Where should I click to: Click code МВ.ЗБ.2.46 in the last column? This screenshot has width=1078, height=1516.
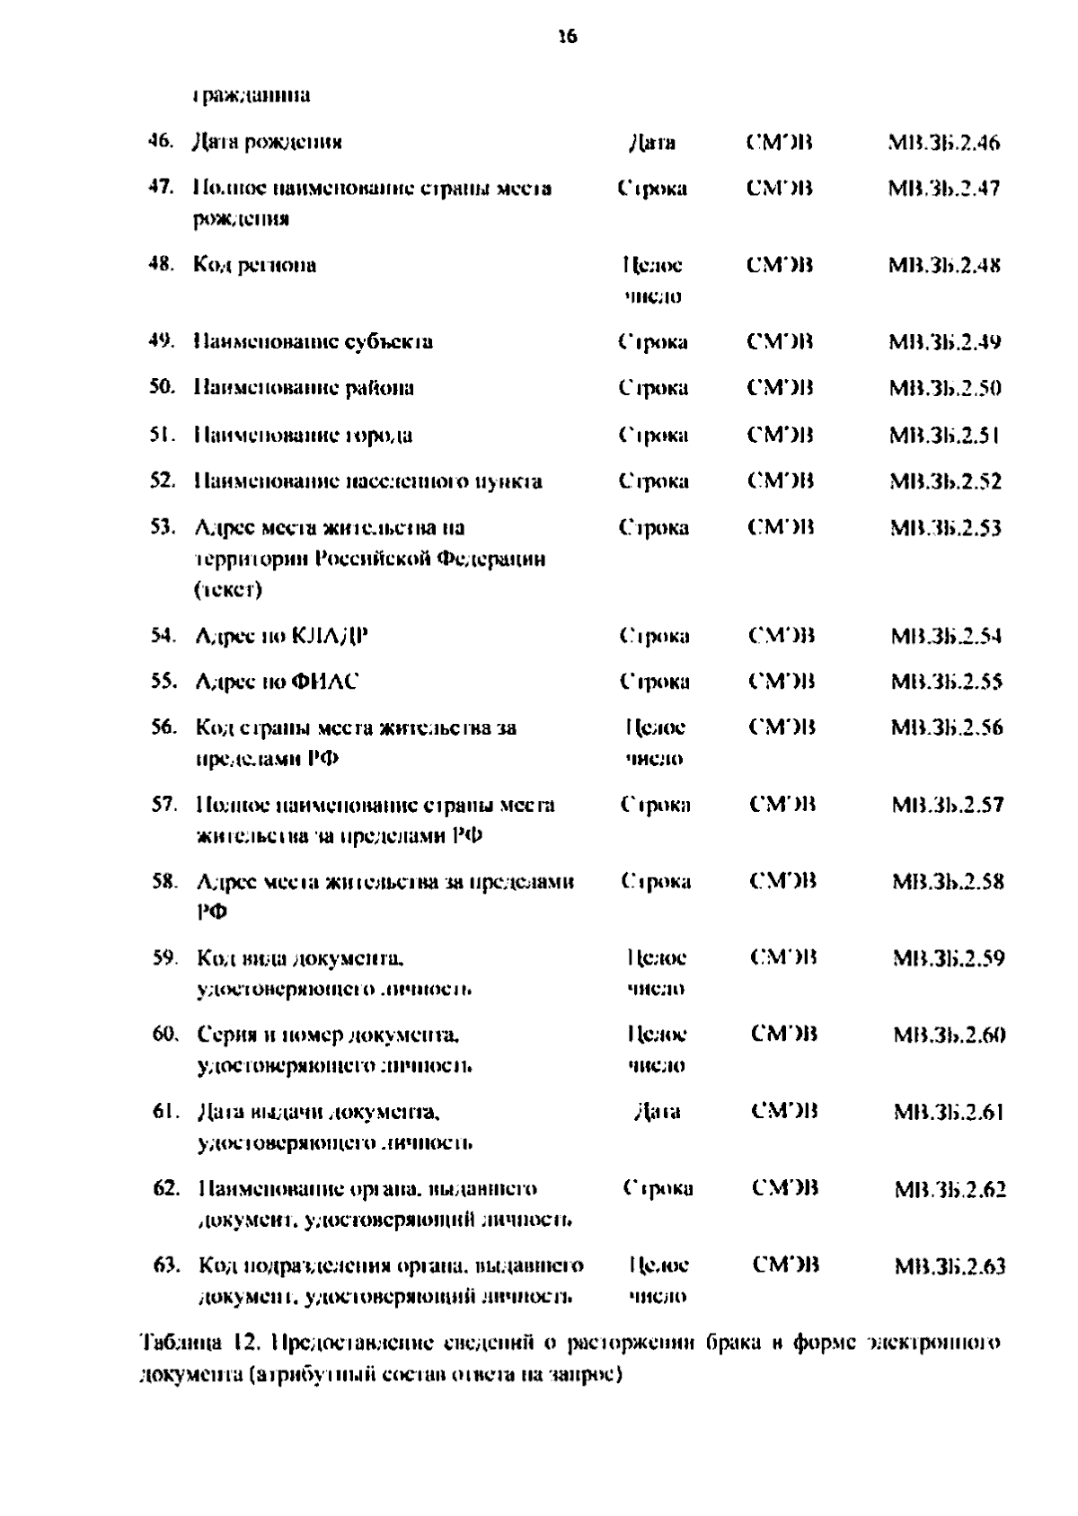(x=944, y=143)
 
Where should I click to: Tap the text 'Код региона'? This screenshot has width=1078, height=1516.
(x=255, y=265)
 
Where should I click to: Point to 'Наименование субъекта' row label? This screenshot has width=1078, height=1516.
(x=314, y=342)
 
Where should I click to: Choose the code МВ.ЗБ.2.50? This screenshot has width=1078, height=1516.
(x=945, y=389)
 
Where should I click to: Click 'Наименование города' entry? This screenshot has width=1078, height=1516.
(x=304, y=436)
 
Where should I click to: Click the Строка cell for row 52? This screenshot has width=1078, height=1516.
(x=653, y=481)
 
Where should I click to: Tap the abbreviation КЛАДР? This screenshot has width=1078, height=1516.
(x=331, y=637)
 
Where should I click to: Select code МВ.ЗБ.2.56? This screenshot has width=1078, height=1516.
(x=947, y=727)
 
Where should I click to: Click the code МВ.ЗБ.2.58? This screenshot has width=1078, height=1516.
(x=948, y=881)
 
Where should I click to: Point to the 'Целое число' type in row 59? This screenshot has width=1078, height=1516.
(x=656, y=973)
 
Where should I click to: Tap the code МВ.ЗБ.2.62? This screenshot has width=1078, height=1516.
(x=950, y=1190)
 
